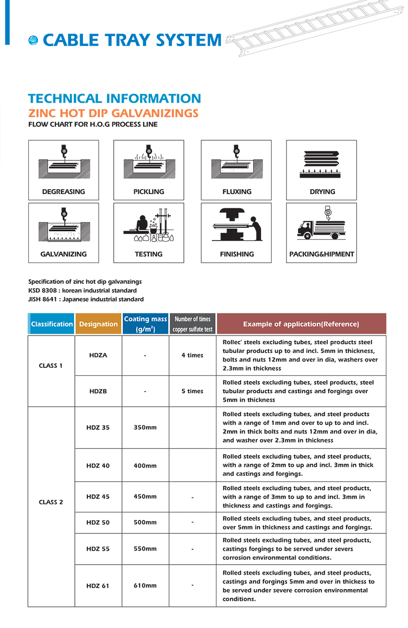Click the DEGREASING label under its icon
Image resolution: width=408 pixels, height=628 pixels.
coord(63,192)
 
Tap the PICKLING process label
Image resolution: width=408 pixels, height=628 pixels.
coord(149,192)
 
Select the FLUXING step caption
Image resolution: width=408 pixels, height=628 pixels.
coord(237,192)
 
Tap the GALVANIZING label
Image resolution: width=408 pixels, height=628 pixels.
coord(63,254)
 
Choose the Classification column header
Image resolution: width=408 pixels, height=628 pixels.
coord(52,324)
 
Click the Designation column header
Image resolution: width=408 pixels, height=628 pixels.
coord(98,324)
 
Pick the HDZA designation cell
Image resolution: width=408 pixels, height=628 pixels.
coord(98,355)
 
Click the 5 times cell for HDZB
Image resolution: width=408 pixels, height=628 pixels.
coord(192,391)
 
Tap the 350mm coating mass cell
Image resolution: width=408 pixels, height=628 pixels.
coord(145,427)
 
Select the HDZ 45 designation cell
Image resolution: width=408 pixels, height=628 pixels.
coord(98,496)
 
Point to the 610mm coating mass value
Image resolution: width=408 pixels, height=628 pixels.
coord(145,586)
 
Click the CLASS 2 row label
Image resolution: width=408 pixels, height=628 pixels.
coord(51,502)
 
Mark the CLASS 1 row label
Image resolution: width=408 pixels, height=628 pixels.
coord(51,366)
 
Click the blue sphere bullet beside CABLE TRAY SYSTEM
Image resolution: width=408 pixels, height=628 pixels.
coord(33,41)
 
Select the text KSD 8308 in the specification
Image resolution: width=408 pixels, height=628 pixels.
coord(41,290)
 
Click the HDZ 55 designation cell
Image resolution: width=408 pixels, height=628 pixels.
coord(98,549)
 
